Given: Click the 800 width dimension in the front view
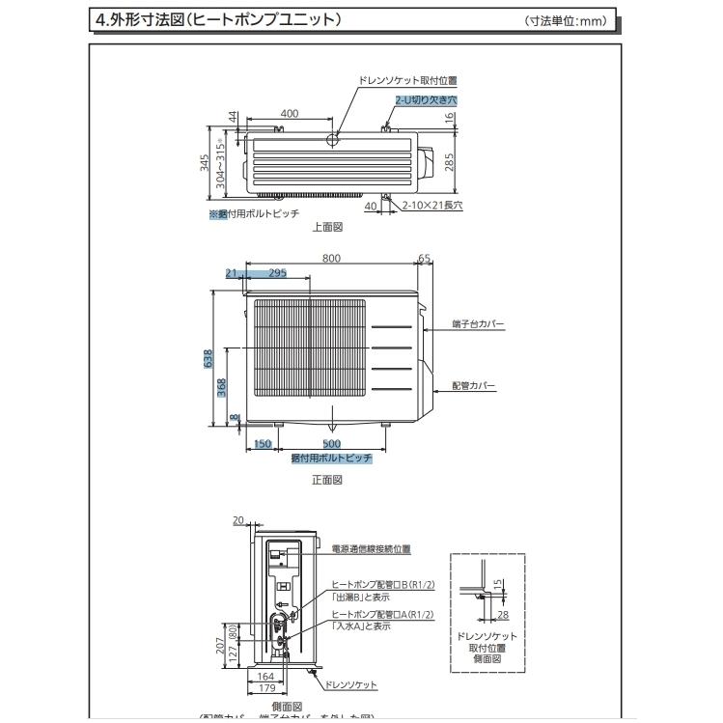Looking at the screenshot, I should tap(331, 259).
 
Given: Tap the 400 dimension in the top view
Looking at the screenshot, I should tap(290, 113).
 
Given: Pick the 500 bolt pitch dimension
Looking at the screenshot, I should tap(331, 444).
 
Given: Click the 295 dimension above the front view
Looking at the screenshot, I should tap(277, 273).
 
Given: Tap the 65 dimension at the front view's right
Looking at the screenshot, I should tap(424, 259).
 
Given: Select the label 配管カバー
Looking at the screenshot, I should tap(474, 386).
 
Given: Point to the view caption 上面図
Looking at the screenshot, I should tap(327, 228).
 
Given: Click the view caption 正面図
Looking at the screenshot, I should tap(327, 479).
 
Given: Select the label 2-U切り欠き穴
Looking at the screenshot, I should tap(425, 99).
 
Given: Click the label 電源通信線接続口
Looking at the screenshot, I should tap(371, 548).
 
